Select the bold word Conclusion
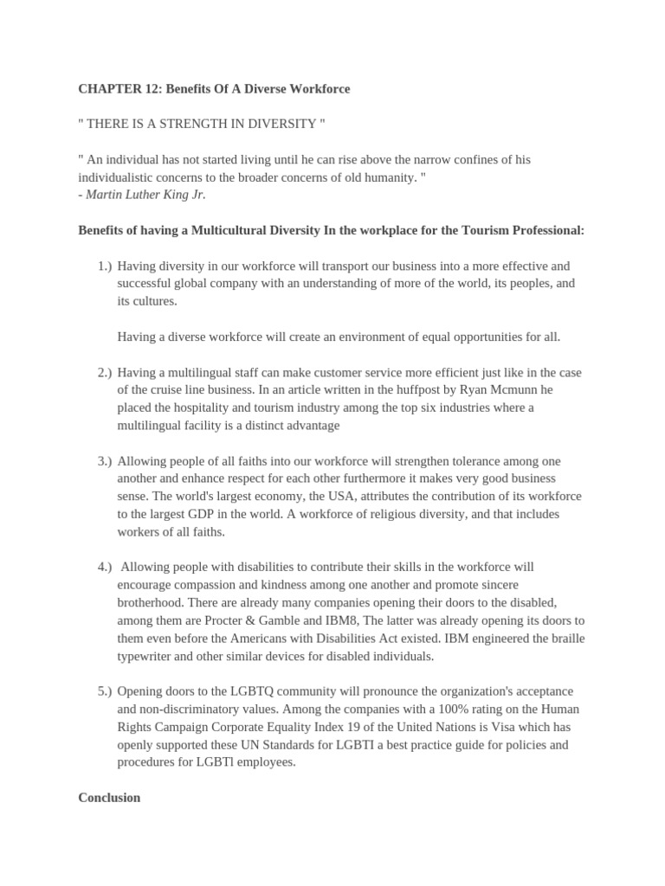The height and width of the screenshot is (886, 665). click(109, 798)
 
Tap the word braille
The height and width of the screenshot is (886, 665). click(565, 639)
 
